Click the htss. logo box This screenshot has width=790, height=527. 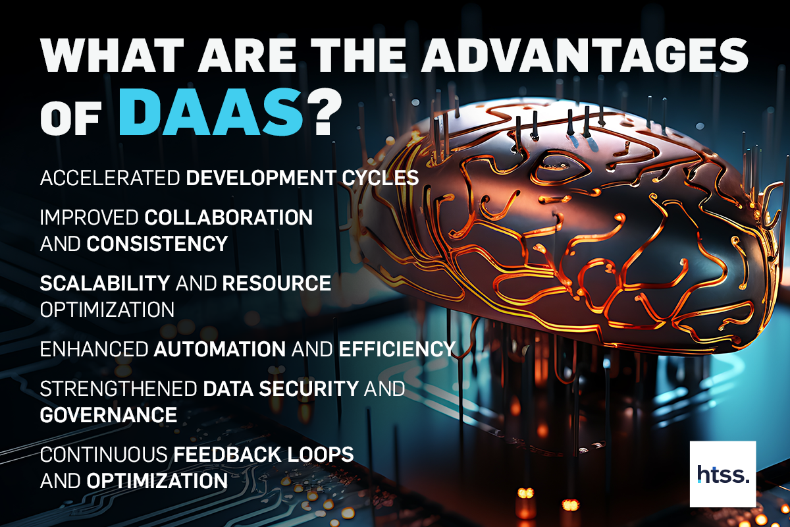pos(723,474)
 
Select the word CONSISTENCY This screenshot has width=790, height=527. pos(157,244)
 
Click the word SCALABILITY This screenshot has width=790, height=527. pos(105,283)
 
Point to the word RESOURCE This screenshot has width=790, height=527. pos(276,283)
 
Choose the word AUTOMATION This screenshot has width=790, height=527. pos(219,349)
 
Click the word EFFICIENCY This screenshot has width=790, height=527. pos(397,349)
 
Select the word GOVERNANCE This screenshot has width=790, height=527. pos(109,415)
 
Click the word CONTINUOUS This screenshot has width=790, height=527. pos(103,455)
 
